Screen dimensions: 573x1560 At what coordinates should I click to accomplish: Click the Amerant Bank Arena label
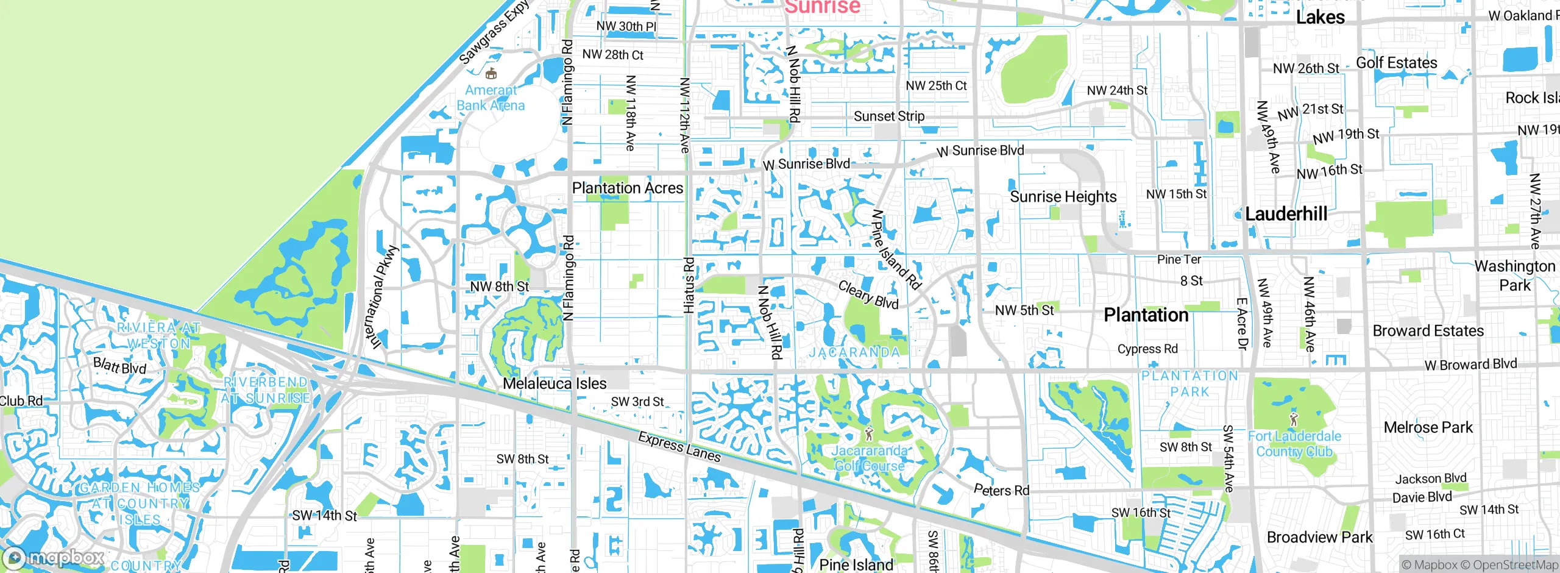[x=491, y=98]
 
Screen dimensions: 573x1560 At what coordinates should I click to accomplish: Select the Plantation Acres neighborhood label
[x=627, y=188]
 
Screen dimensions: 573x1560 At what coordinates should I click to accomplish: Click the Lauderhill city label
[x=1286, y=214]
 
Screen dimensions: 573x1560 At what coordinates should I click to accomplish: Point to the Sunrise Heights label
[x=1063, y=197]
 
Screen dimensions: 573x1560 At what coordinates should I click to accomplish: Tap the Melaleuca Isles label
[x=555, y=383]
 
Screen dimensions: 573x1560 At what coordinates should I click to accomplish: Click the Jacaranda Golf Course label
[x=869, y=458]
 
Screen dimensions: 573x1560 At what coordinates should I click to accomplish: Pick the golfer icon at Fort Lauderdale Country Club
[x=1294, y=419]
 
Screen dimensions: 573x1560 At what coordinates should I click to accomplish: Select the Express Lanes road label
[x=679, y=447]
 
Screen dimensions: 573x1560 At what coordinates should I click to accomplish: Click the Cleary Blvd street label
[x=868, y=295]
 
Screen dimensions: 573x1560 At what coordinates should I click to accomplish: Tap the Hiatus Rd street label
[x=689, y=285]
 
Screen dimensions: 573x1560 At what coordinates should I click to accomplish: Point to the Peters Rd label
[x=1001, y=490]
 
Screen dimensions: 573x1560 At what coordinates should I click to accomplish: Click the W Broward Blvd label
[x=1470, y=365]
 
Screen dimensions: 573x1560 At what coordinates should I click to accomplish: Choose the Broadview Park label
[x=1319, y=538]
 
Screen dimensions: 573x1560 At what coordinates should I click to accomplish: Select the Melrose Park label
[x=1428, y=427]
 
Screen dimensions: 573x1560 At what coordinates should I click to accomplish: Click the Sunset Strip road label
[x=888, y=116]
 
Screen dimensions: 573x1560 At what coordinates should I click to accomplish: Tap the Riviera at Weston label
[x=158, y=336]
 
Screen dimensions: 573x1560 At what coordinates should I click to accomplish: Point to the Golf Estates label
[x=1396, y=63]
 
